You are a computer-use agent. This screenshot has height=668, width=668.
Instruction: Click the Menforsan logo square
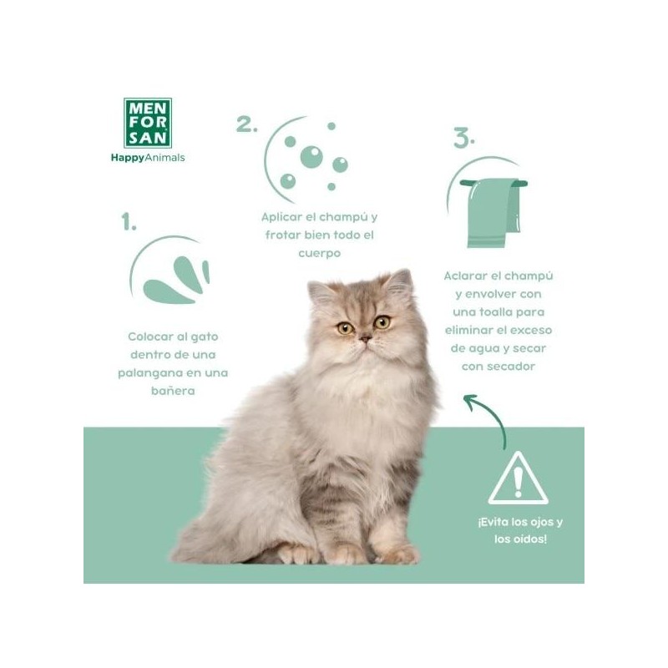(x=148, y=123)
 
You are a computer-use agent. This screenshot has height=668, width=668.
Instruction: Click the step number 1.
(x=129, y=221)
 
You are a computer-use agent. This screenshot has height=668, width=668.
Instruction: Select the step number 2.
(x=246, y=124)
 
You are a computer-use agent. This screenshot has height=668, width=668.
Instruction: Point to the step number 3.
(x=464, y=138)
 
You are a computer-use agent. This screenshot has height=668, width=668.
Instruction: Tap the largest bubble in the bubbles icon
(x=311, y=157)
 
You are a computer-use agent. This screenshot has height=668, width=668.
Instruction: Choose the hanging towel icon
(x=493, y=212)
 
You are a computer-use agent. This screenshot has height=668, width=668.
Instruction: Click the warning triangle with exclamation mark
(x=518, y=478)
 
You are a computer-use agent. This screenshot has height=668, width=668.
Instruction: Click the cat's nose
(x=365, y=339)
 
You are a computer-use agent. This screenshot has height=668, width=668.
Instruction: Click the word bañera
(x=173, y=391)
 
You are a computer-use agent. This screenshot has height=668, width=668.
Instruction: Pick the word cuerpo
(x=320, y=254)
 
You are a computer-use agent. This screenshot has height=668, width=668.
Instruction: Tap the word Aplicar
(x=281, y=217)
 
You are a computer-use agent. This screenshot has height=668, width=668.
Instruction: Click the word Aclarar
(x=465, y=276)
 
